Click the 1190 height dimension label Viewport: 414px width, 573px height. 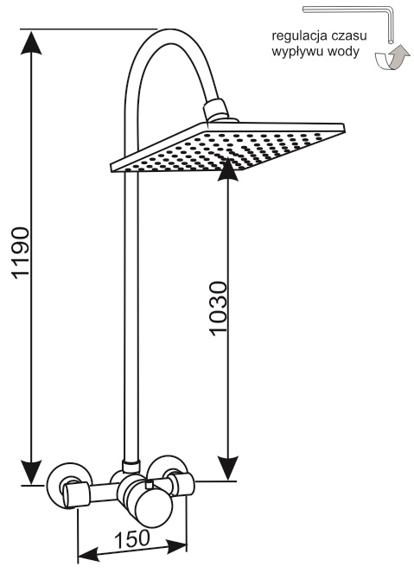pos(21,253)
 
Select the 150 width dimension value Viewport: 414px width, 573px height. pos(132,539)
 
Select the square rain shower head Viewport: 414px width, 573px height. pos(227,147)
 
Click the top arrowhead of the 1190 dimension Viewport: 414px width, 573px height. pos(31,42)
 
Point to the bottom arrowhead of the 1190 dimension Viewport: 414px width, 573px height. pos(31,472)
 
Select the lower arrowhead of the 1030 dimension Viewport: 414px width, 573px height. pos(227,468)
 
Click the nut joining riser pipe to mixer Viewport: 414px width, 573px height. pos(131,468)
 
